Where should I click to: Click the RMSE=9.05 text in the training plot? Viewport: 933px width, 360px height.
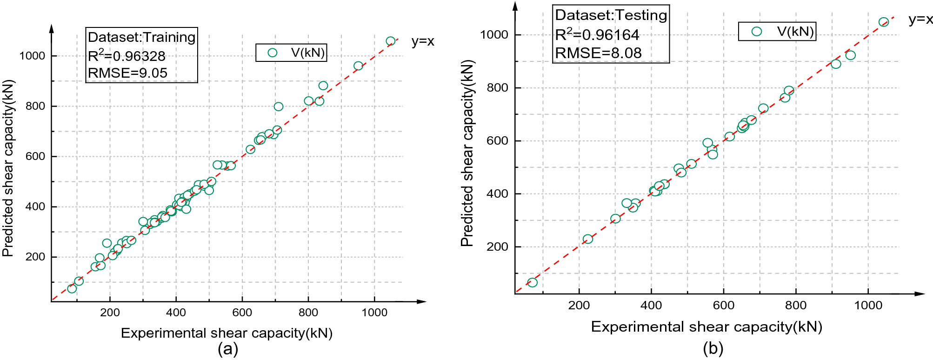[x=127, y=73]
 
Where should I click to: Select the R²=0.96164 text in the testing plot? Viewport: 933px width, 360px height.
[x=597, y=35]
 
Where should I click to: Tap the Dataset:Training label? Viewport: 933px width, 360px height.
[x=141, y=37]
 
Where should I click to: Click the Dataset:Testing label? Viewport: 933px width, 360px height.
[x=611, y=15]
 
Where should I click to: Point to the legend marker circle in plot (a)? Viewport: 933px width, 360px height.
[x=273, y=53]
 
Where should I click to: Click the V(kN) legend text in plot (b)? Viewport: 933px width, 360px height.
[x=795, y=32]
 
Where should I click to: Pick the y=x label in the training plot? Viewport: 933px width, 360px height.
[x=422, y=41]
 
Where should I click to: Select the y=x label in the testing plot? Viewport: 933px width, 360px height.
[x=920, y=20]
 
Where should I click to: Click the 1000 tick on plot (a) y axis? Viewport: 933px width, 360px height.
[x=32, y=56]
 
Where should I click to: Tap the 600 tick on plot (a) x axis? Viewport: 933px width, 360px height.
[x=242, y=313]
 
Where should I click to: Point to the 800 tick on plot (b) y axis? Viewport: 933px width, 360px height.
[x=497, y=88]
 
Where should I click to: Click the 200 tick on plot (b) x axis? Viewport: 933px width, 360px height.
[x=579, y=305]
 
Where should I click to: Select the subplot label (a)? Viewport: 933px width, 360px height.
[x=228, y=349]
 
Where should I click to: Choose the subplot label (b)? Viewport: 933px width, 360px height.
[x=713, y=348]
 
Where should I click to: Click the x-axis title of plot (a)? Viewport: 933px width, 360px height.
[x=227, y=333]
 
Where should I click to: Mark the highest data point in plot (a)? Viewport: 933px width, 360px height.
[x=391, y=41]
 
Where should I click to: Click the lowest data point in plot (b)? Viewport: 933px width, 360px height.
[x=533, y=282]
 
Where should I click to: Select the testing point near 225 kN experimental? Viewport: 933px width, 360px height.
[x=588, y=239]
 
